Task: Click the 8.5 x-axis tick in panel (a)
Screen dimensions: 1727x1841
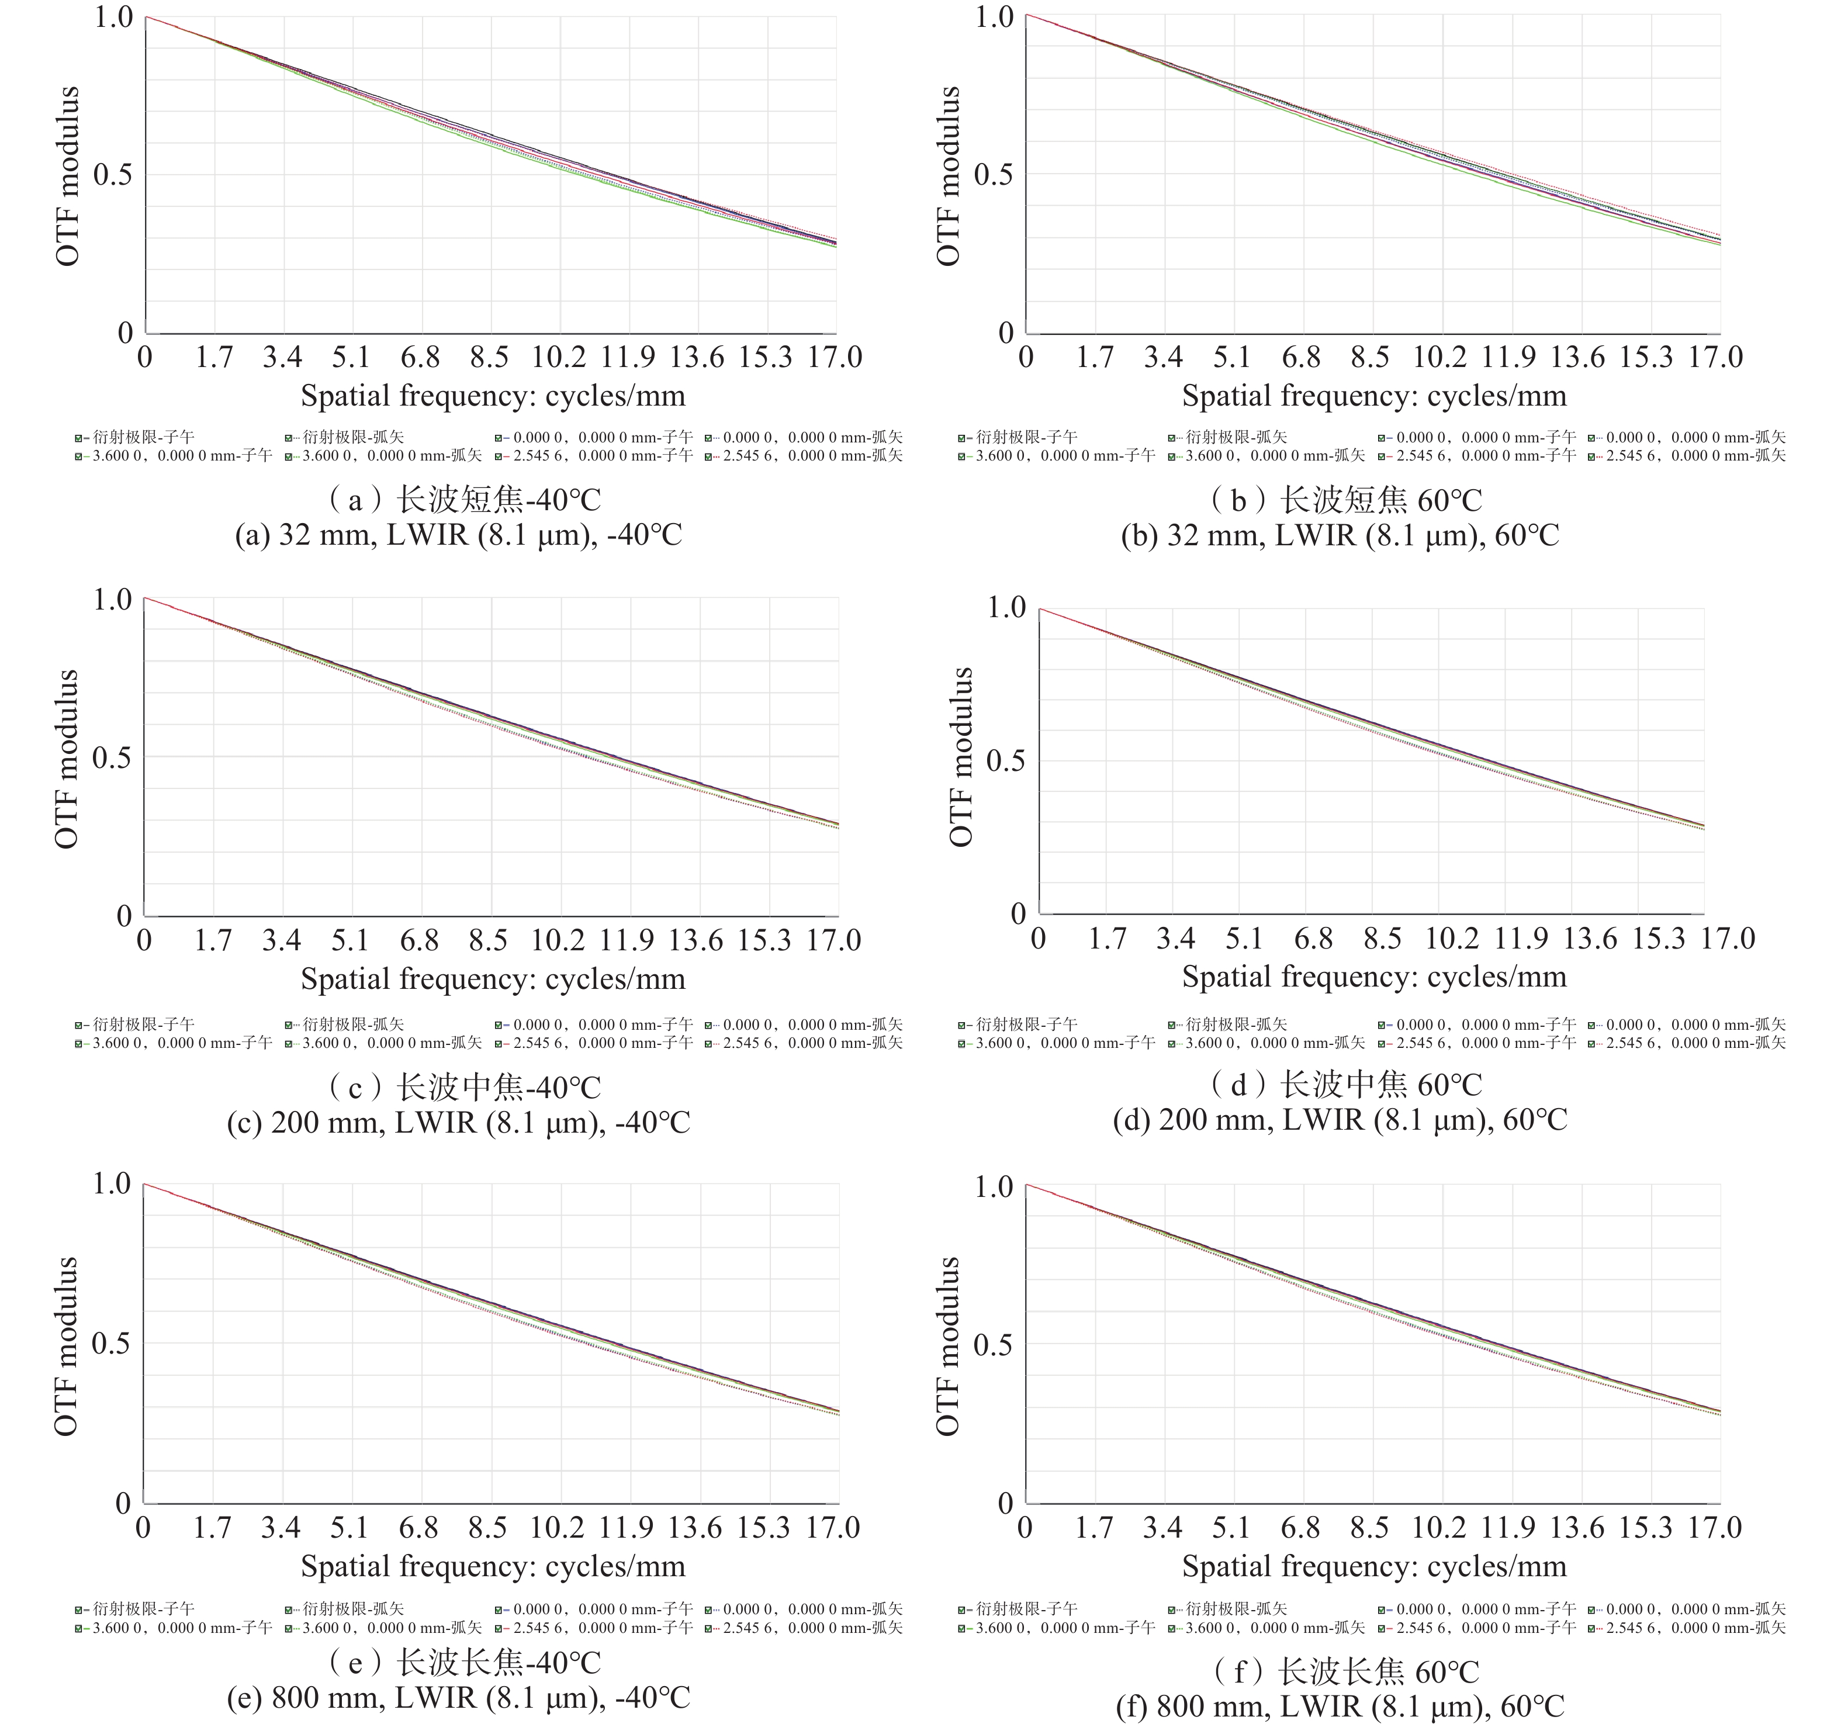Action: (x=489, y=358)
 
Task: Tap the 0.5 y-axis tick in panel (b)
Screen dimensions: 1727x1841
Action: (x=993, y=174)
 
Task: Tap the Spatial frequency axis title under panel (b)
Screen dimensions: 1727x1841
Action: (x=1374, y=396)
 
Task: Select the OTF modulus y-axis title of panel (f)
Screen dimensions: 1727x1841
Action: (x=949, y=1345)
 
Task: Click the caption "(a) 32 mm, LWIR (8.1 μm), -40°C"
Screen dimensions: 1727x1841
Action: (x=458, y=535)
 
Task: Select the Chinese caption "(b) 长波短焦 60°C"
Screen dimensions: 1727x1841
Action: (x=1345, y=500)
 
